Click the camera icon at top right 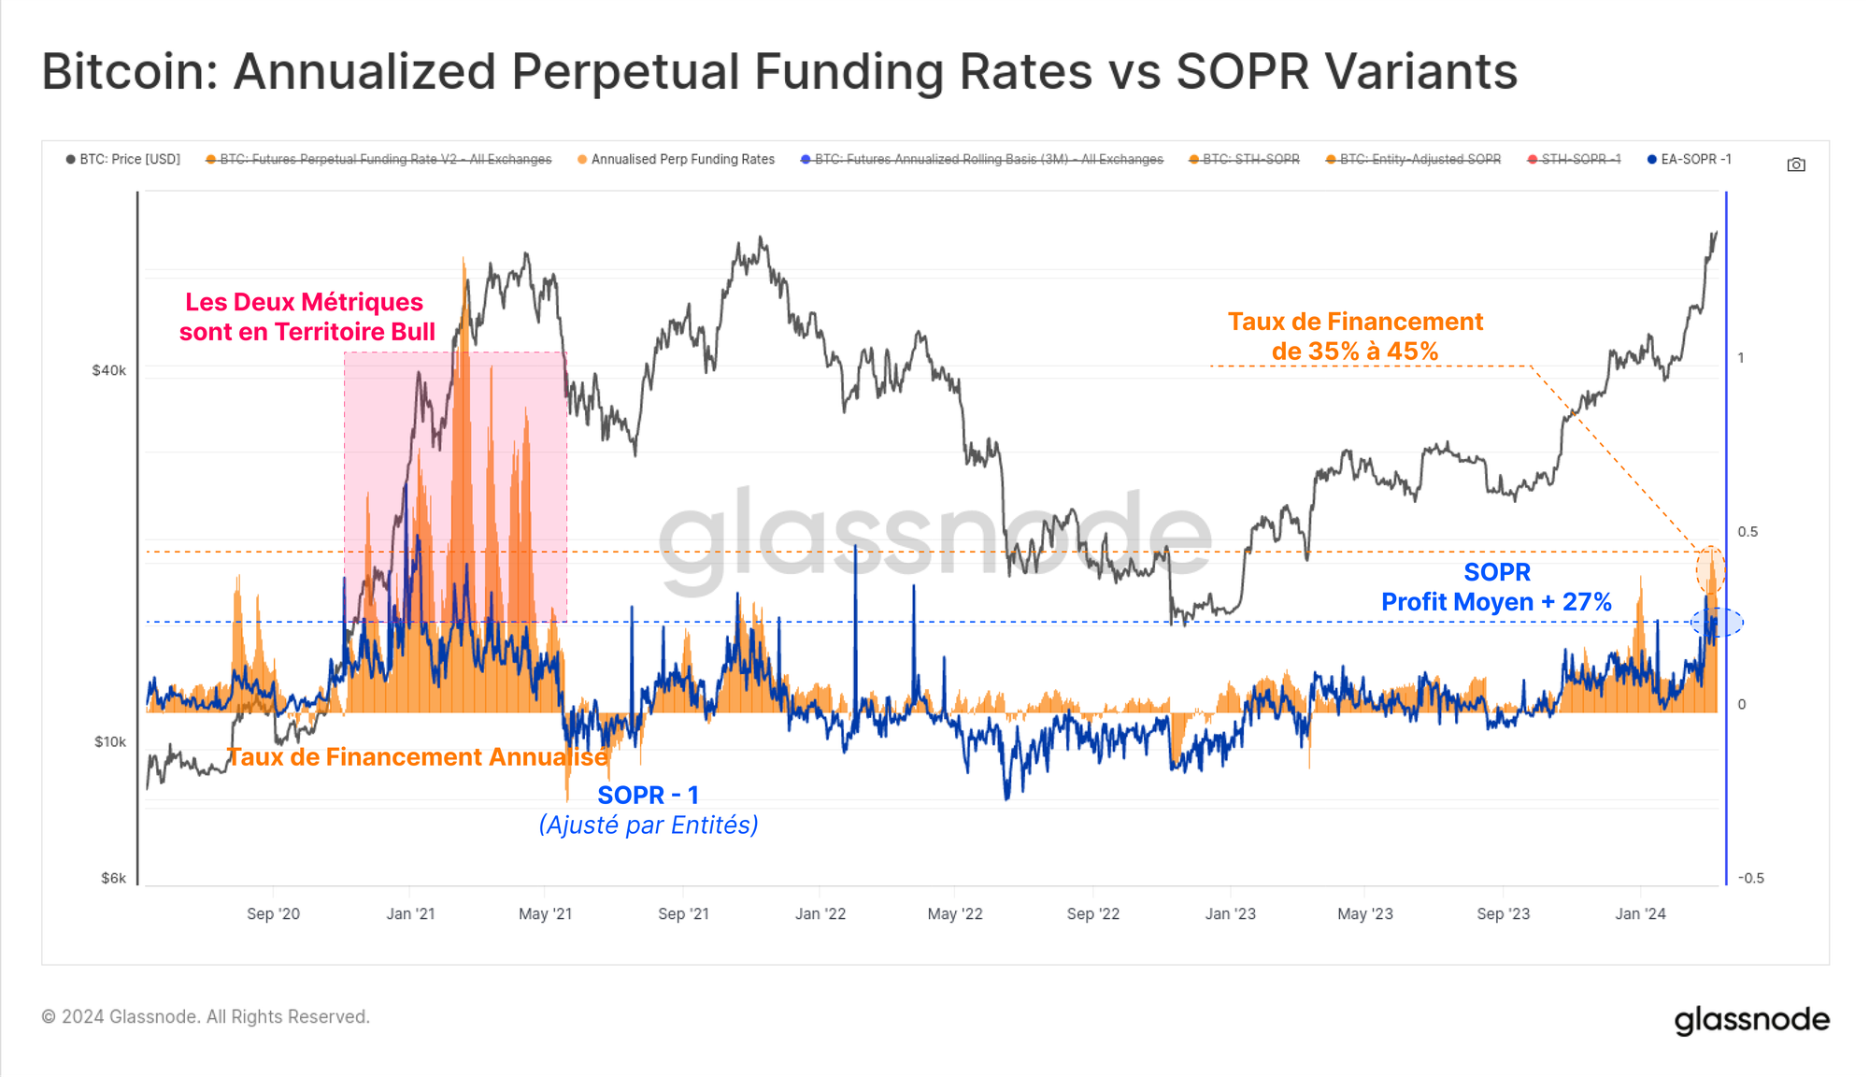(x=1795, y=165)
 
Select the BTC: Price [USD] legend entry (x=123, y=160)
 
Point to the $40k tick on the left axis (x=109, y=371)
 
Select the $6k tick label (x=113, y=879)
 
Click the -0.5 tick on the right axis (x=1750, y=879)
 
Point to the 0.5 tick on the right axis (x=1747, y=532)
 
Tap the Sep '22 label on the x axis (x=1092, y=914)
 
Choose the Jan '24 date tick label (x=1640, y=914)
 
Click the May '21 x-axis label (x=545, y=914)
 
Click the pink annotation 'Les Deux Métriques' (x=304, y=302)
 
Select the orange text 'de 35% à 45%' (x=1354, y=352)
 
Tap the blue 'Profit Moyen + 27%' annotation (x=1496, y=602)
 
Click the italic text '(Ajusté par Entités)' (x=649, y=826)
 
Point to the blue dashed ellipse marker (x=1717, y=623)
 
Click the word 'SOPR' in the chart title (x=1242, y=72)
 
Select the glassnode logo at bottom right (x=1751, y=1019)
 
